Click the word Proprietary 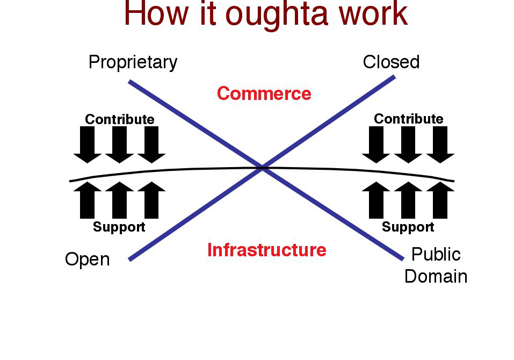point(133,62)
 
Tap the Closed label point(391,62)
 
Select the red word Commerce point(264,93)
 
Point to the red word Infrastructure point(267,250)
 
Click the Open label point(87,260)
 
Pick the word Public point(436,254)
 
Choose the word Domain point(436,276)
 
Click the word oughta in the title point(277,14)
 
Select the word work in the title point(373,13)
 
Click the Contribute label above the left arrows point(120,119)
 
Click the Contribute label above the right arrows point(408,119)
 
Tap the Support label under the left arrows point(119,227)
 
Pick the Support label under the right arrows point(408,227)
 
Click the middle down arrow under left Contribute point(119,145)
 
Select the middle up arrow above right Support point(408,200)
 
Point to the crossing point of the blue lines point(262,168)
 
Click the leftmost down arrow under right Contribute point(376,145)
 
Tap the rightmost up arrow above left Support point(151,200)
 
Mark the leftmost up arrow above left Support point(88,200)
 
